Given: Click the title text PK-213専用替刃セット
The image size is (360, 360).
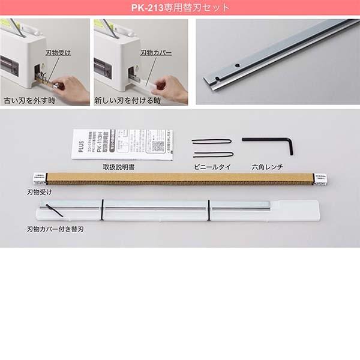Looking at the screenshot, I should click(x=179, y=8).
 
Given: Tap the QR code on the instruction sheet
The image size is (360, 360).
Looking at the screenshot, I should click(x=158, y=146).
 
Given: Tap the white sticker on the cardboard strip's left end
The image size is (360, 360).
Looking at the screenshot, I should click(x=37, y=178).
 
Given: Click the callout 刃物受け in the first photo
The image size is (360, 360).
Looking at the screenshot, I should click(x=59, y=53).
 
